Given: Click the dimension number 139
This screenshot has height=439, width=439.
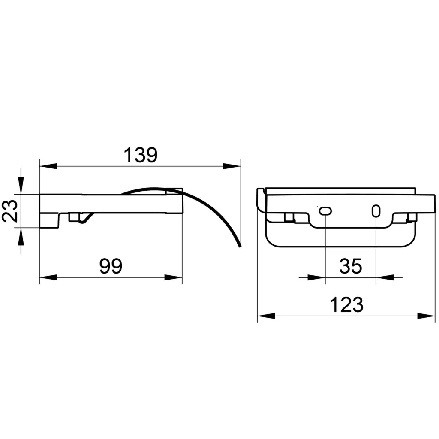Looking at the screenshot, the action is (x=141, y=155).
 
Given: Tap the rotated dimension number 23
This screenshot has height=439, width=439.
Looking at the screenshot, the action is (x=10, y=211).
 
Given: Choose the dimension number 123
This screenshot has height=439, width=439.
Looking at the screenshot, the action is (x=346, y=305).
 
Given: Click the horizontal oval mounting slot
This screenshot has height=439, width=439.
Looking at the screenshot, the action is (x=325, y=211).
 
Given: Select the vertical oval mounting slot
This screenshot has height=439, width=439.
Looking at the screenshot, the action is (x=376, y=211).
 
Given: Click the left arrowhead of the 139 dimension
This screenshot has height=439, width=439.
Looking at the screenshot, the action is (x=48, y=166).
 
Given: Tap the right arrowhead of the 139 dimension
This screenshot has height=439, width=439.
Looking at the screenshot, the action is (x=232, y=166).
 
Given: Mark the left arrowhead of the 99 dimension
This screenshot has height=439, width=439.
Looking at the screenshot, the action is (x=48, y=277).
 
